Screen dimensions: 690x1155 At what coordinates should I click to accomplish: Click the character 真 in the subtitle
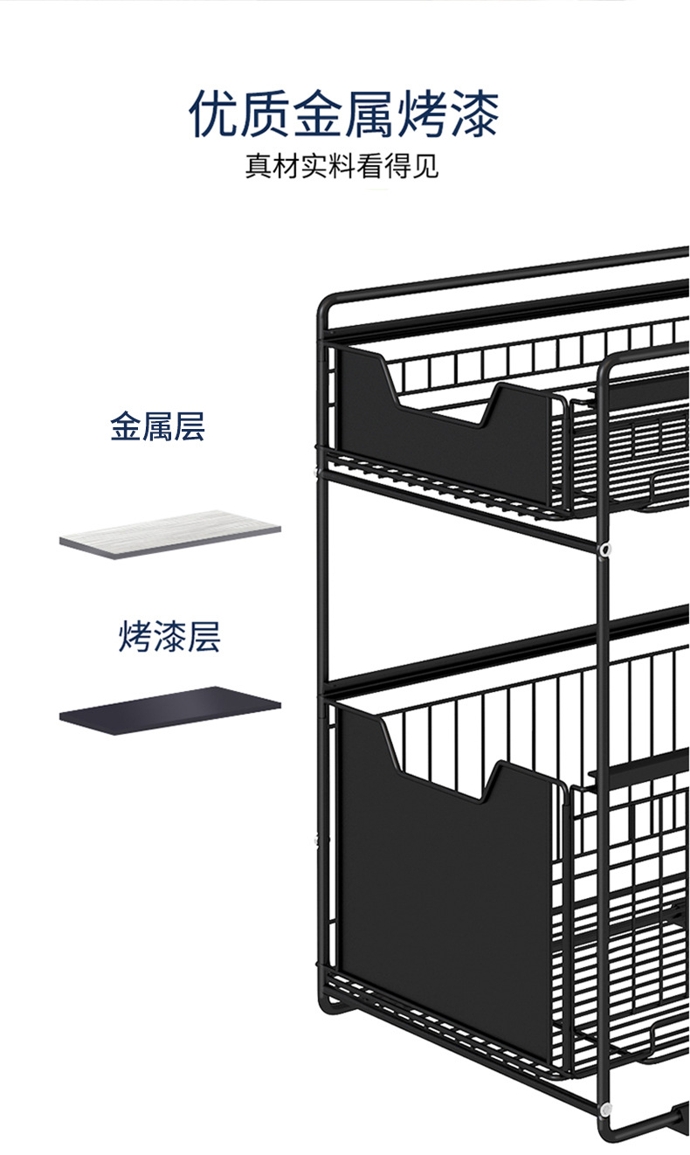[x=259, y=166]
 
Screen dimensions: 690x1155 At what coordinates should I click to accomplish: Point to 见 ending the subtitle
[x=424, y=166]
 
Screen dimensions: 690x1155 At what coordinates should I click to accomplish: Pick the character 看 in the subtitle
[x=369, y=166]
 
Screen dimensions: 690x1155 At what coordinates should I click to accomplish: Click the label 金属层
[x=157, y=428]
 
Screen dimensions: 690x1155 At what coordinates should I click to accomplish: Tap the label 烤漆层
[x=169, y=637]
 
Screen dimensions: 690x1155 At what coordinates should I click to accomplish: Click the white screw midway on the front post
[x=604, y=550]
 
